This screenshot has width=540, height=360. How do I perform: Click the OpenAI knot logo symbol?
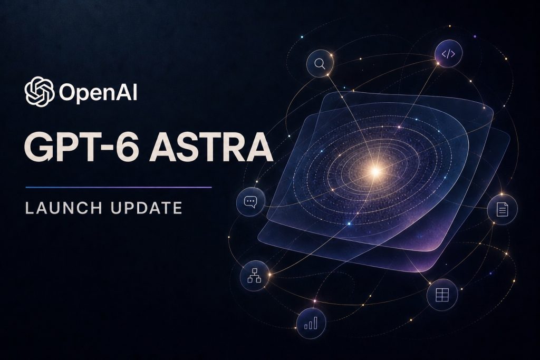click(39, 91)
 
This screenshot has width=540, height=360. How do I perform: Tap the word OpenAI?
click(98, 92)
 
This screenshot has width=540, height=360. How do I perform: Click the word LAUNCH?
click(64, 208)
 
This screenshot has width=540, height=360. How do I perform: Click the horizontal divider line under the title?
click(119, 188)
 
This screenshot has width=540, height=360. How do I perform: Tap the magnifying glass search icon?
click(320, 64)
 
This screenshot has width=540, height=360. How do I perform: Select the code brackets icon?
click(448, 54)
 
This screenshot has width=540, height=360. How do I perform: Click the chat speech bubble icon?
click(250, 202)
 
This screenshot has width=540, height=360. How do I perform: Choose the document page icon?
click(503, 209)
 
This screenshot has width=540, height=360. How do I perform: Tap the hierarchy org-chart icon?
click(255, 276)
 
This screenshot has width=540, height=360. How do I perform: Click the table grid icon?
click(442, 295)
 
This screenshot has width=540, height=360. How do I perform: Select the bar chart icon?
click(311, 323)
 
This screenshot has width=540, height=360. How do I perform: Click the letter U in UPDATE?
click(116, 208)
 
